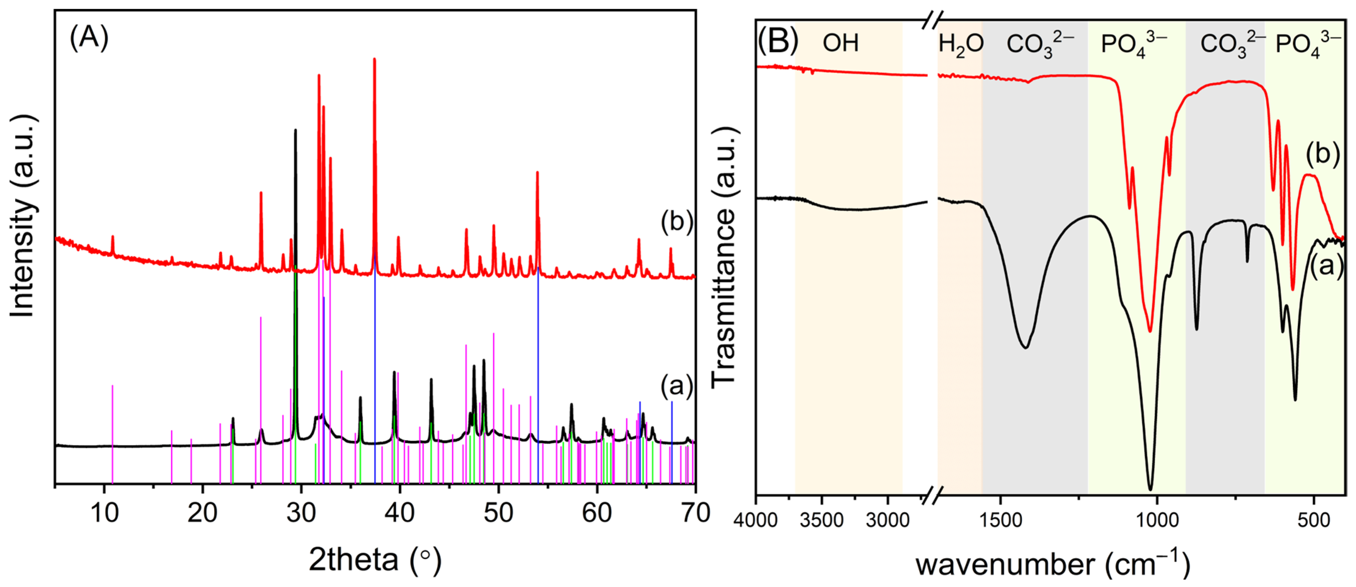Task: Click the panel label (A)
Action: point(89,38)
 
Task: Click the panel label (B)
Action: point(777,41)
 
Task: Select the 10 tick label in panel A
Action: point(104,512)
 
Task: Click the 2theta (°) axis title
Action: point(375,560)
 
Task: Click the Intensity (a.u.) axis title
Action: point(22,216)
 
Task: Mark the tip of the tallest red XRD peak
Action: point(374,59)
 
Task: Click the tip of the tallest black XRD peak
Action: point(295,130)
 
